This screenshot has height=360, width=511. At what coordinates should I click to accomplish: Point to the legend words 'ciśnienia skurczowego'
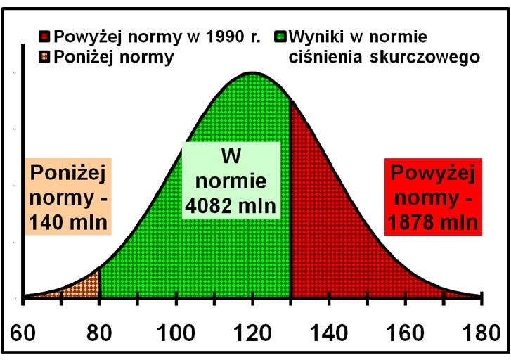(384, 57)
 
